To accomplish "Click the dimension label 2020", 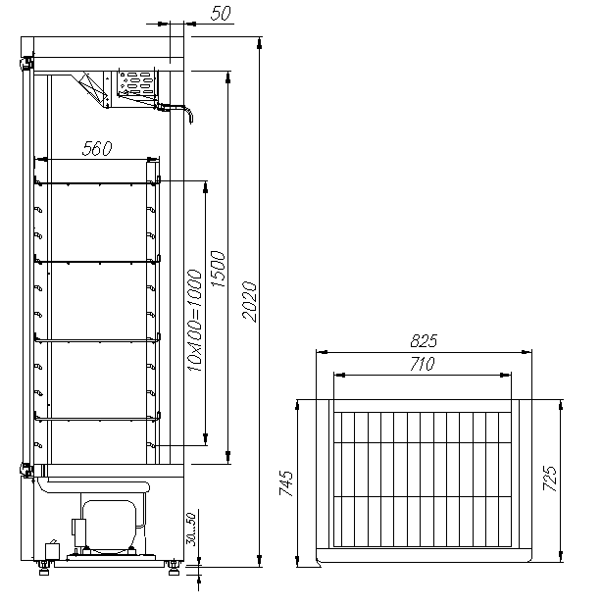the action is [x=249, y=301].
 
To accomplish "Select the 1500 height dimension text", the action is [x=218, y=269].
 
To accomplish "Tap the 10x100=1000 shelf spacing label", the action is [x=195, y=321].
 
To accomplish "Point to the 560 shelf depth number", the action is [x=97, y=148].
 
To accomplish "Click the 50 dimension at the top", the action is [x=221, y=13].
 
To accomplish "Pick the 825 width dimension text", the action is [x=424, y=341].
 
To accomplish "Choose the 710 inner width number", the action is [x=423, y=364].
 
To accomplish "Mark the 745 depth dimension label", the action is [x=286, y=483].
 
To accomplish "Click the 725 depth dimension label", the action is [x=549, y=479].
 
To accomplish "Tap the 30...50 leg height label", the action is [x=191, y=530].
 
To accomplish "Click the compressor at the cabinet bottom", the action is [x=109, y=527].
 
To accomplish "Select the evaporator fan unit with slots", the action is [x=137, y=83].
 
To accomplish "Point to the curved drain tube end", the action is [x=190, y=117].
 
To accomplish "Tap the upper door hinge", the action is [x=26, y=63].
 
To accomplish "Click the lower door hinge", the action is [x=26, y=470].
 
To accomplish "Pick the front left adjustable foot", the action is [x=44, y=569].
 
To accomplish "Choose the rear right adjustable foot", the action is [x=174, y=569].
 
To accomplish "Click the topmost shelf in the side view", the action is [x=97, y=183].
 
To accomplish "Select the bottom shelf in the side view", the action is [x=97, y=418].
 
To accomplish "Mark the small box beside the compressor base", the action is [x=53, y=551].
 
